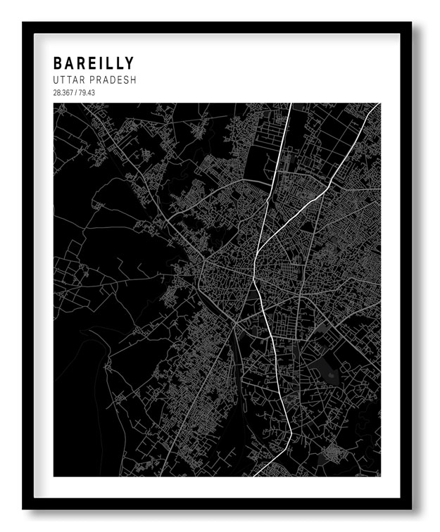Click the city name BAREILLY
pyautogui.click(x=93, y=64)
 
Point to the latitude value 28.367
pyautogui.click(x=62, y=93)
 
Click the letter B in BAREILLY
pyautogui.click(x=58, y=64)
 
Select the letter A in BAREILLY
pyautogui.click(x=70, y=64)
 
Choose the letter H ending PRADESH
pyautogui.click(x=132, y=80)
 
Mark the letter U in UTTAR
pyautogui.click(x=56, y=80)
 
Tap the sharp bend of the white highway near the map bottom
pyautogui.click(x=290, y=433)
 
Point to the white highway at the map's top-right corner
pyautogui.click(x=377, y=106)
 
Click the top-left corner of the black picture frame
pyautogui.click(x=23, y=23)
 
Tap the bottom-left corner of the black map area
pyautogui.click(x=54, y=476)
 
